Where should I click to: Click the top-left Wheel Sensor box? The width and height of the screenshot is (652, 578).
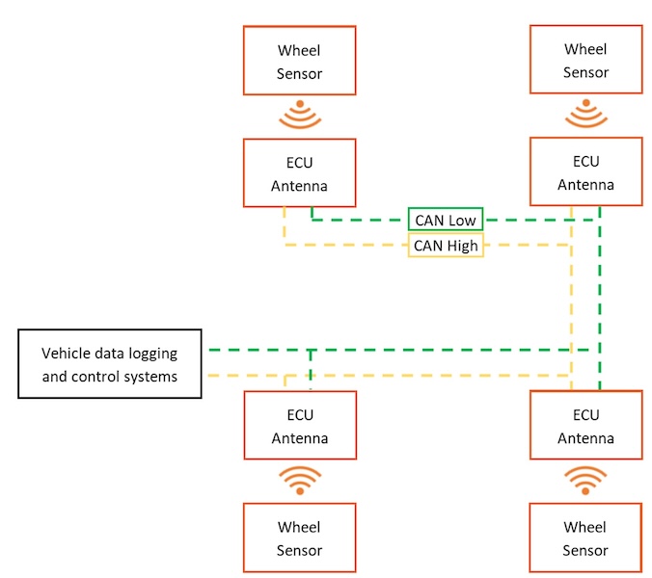coord(299,60)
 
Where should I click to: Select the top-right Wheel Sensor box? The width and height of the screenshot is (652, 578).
coord(585,60)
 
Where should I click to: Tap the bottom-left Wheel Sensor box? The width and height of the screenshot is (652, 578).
coord(299,538)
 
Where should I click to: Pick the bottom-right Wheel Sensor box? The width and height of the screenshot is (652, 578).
coord(585,538)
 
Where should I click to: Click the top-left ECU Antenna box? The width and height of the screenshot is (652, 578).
coord(299,172)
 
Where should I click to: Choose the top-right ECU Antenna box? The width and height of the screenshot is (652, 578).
coord(585,171)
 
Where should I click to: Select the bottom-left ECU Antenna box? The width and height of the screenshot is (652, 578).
coord(299,425)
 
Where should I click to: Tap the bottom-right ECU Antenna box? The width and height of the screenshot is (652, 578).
coord(585,426)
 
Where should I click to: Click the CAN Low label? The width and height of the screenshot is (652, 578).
coord(445,221)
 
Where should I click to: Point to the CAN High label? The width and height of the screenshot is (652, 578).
coord(446,246)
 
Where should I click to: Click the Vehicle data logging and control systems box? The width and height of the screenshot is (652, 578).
coord(109,364)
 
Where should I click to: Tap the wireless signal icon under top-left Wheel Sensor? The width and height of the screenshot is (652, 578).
coord(299,114)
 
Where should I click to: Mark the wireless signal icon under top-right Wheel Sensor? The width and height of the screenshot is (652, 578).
coord(585,114)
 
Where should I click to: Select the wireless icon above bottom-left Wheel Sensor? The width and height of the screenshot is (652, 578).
coord(299,479)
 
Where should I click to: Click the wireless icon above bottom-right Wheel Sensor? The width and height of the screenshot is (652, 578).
coord(585,479)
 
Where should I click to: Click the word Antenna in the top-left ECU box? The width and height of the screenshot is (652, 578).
coord(299,185)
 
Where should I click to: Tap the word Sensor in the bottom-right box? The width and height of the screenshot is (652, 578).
coord(585,550)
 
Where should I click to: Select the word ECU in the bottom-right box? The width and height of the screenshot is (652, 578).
coord(585,415)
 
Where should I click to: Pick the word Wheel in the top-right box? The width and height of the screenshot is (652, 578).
coord(585,48)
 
